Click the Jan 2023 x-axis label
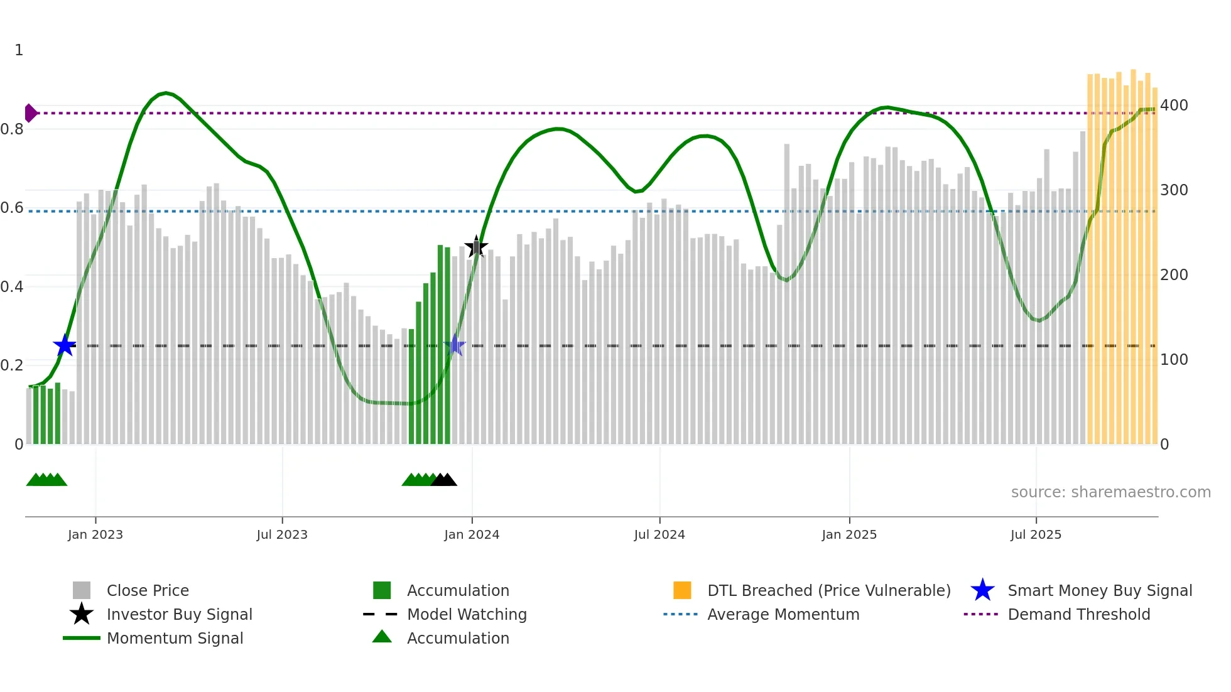pos(95,535)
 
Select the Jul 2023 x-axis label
pos(282,535)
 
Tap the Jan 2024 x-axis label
pos(472,535)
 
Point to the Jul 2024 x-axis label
pos(659,535)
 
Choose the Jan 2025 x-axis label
pos(849,535)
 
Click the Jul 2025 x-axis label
pos(1036,535)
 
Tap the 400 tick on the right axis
pos(1174,105)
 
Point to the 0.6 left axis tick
pos(12,208)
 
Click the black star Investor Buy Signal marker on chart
pos(476,247)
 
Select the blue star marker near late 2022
pos(65,345)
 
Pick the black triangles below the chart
pos(444,480)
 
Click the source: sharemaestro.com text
pos(1110,492)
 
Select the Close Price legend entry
pos(148,590)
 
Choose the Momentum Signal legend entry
pos(175,638)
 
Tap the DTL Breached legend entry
pos(828,590)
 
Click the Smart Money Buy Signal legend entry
pos(1099,590)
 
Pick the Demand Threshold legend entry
pos(1078,614)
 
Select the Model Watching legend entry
pos(467,614)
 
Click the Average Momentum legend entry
pos(783,614)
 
